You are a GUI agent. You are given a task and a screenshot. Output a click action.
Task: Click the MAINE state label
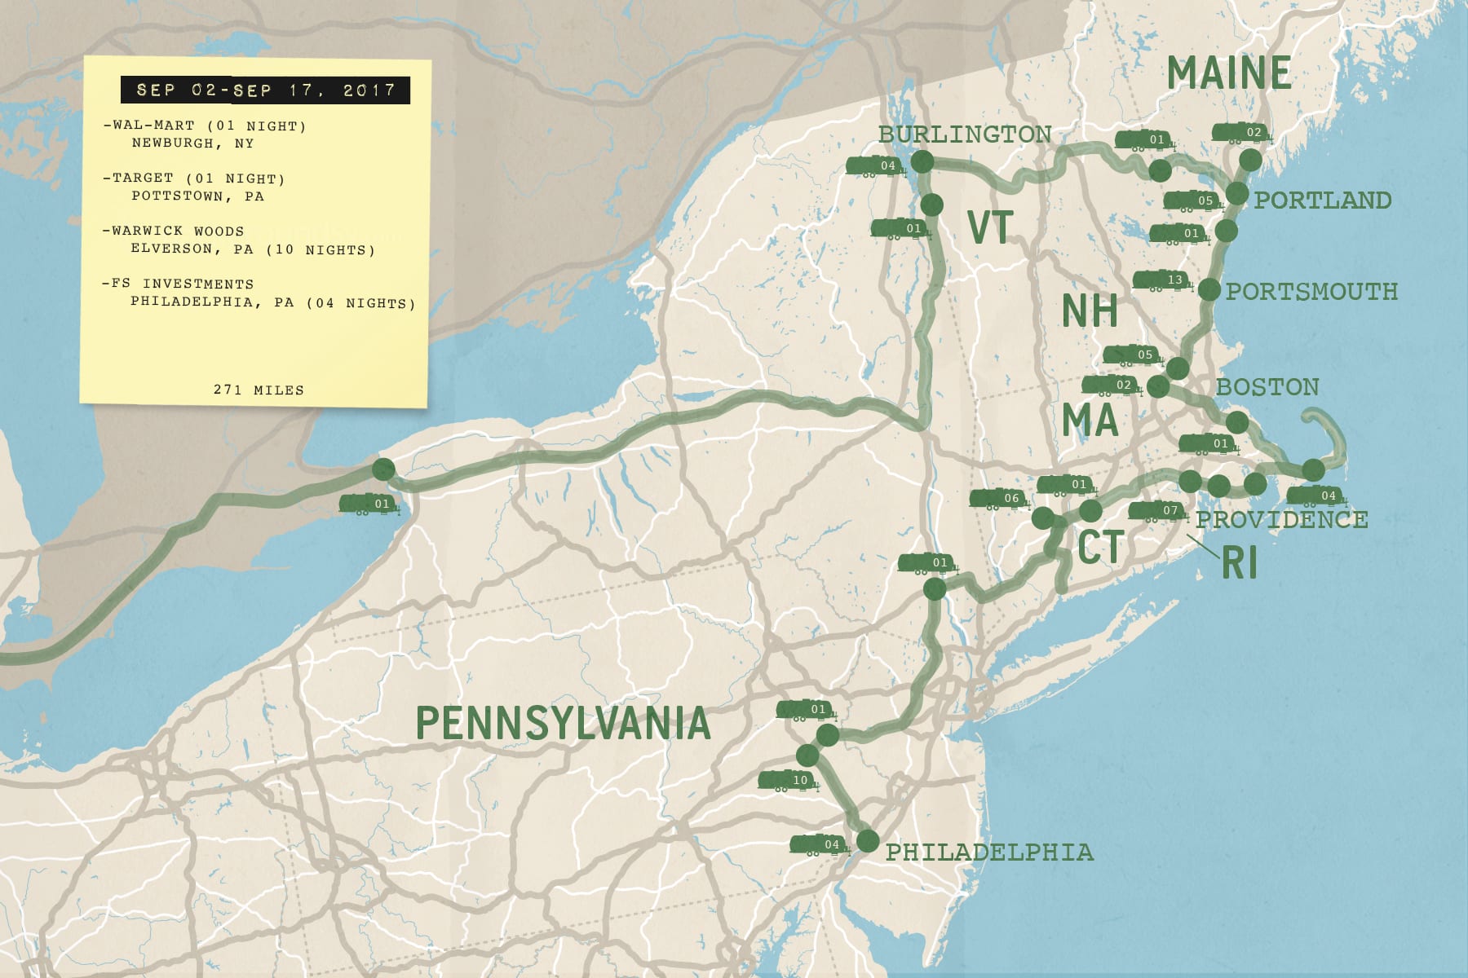point(1228,73)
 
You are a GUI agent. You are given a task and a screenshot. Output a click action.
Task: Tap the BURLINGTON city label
point(965,134)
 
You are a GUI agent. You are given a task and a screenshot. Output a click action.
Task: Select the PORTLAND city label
point(1322,200)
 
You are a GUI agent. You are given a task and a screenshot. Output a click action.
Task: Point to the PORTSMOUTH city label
point(1311,291)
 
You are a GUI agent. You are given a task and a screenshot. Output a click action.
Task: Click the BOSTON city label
point(1267,386)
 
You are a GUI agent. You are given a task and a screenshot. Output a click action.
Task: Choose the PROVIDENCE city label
point(1281,519)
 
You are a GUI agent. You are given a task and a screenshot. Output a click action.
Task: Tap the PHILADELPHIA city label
point(989,852)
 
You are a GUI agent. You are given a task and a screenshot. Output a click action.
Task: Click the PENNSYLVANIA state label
point(563,723)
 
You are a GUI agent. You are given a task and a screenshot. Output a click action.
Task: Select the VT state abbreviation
point(990,227)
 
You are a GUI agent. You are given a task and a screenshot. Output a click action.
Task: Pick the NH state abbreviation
point(1090,311)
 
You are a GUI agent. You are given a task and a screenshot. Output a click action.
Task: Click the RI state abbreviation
point(1239,562)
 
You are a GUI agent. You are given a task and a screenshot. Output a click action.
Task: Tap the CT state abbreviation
point(1100,547)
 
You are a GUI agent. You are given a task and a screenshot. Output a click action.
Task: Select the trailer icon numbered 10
point(788,781)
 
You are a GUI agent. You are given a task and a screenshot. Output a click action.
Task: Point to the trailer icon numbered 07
point(1157,511)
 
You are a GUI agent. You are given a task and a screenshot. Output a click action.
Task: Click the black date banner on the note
point(265,90)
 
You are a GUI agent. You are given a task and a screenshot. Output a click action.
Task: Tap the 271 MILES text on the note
point(259,390)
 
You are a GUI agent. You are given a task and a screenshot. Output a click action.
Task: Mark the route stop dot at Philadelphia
point(868,840)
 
